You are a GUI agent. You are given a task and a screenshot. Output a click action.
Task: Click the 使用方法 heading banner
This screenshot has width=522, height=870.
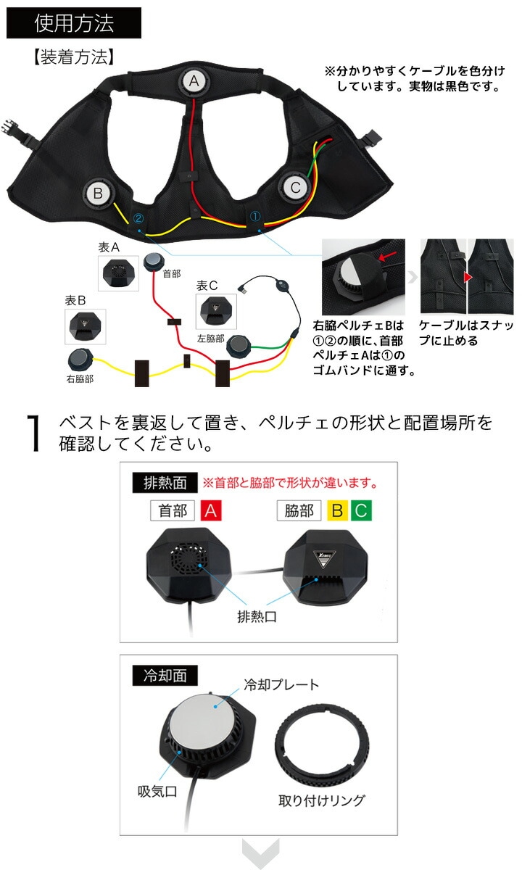[74, 23]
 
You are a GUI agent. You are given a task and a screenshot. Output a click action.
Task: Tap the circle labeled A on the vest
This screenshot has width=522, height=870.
[194, 81]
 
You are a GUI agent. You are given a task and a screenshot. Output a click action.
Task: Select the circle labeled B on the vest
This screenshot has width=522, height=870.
[98, 193]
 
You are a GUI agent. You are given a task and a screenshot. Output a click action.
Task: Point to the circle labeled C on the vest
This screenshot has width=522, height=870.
[295, 188]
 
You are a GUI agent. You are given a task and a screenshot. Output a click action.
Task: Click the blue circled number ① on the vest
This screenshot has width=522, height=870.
[254, 216]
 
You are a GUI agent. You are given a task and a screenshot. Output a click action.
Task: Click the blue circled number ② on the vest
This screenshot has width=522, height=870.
[138, 218]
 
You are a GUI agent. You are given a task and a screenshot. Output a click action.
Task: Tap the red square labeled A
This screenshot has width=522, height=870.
[211, 510]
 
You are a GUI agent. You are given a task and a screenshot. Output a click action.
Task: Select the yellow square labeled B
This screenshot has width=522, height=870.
[338, 510]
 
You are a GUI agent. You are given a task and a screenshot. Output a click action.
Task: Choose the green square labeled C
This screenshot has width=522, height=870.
[361, 510]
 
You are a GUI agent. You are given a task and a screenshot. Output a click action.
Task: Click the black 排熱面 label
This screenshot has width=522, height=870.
[165, 483]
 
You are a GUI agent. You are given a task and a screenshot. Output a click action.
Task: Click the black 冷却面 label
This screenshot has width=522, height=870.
[165, 676]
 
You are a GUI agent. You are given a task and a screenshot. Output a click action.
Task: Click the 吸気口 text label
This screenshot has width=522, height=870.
[158, 791]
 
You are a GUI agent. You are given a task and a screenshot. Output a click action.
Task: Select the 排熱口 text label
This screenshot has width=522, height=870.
[257, 616]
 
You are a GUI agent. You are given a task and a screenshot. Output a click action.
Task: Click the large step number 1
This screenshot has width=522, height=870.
[34, 433]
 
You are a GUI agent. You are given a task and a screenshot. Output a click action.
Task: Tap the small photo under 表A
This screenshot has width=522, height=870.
[118, 273]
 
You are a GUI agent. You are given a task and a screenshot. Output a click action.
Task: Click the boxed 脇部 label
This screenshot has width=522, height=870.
[299, 510]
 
